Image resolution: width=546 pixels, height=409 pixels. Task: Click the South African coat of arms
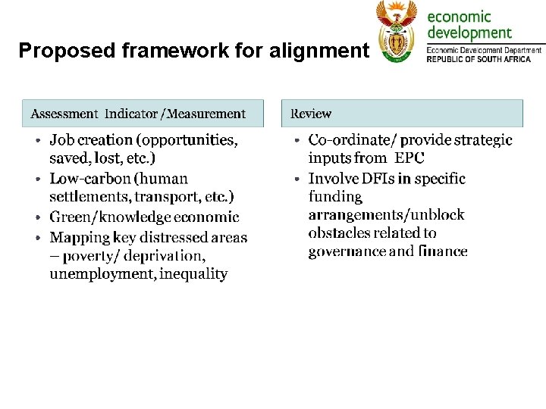(x=397, y=32)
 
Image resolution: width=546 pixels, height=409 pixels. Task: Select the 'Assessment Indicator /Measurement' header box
(x=143, y=114)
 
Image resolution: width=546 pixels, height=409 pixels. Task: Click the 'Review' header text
(x=311, y=114)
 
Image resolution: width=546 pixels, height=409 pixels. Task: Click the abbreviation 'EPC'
(x=409, y=158)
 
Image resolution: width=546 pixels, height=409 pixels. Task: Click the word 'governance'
(x=346, y=251)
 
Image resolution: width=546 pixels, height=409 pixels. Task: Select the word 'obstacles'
(x=340, y=233)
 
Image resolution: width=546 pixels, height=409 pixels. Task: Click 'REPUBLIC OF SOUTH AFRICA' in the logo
(x=484, y=58)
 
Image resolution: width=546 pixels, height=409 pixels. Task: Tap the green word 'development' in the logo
(x=469, y=33)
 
